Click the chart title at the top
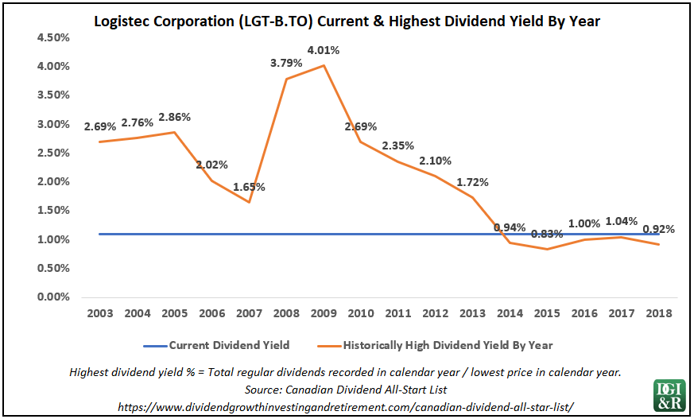pyautogui.click(x=347, y=21)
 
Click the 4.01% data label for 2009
pyautogui.click(x=324, y=50)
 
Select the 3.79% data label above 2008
pyautogui.click(x=286, y=63)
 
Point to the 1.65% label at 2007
pyautogui.click(x=249, y=187)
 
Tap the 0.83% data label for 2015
pyautogui.click(x=547, y=234)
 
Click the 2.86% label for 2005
pyautogui.click(x=174, y=117)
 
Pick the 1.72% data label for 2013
pyautogui.click(x=472, y=182)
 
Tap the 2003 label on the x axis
pyautogui.click(x=99, y=313)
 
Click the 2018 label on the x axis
pyautogui.click(x=659, y=313)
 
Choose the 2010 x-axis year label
pyautogui.click(x=361, y=313)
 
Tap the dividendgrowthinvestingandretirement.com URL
pyautogui.click(x=345, y=405)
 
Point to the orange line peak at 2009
pyautogui.click(x=324, y=65)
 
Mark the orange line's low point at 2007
pyautogui.click(x=249, y=202)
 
